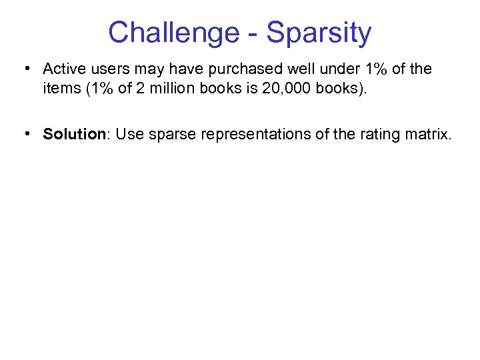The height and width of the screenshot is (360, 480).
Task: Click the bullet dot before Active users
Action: (x=25, y=69)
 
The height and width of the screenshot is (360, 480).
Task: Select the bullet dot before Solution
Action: (x=25, y=134)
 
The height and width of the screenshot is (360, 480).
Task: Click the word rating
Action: (x=379, y=134)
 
